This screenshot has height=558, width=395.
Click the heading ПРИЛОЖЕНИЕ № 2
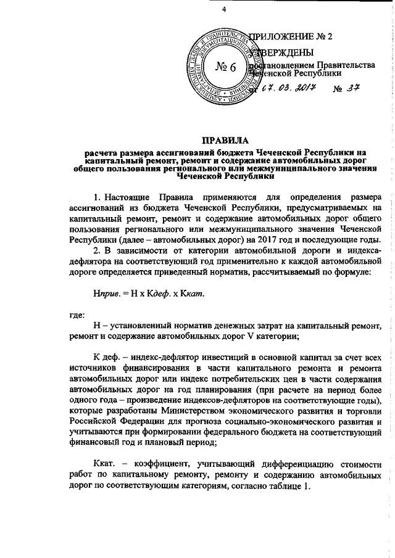coord(291,36)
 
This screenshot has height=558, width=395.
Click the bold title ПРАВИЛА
coord(224,140)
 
